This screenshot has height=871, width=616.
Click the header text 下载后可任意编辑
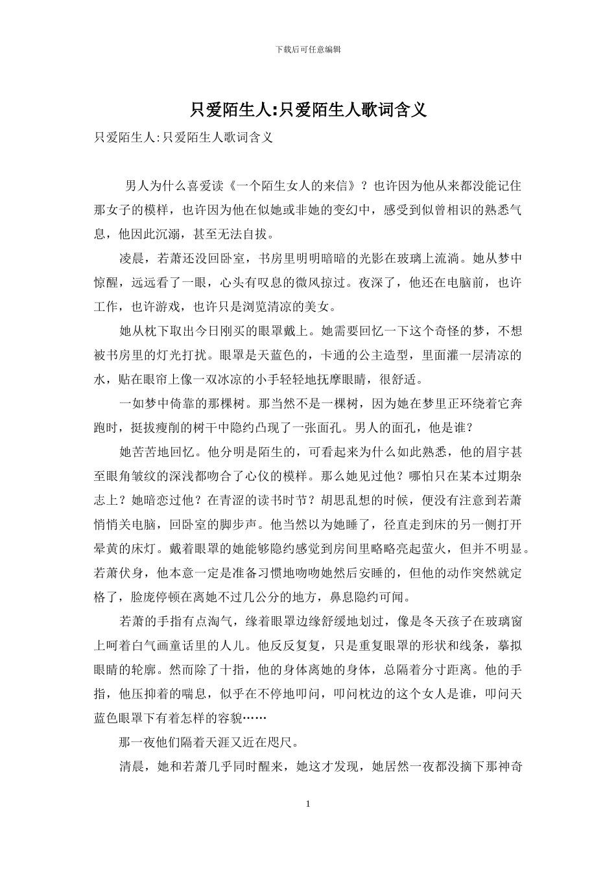308,49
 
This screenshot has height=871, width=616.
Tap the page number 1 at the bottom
308,804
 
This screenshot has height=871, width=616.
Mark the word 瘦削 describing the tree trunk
170,428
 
